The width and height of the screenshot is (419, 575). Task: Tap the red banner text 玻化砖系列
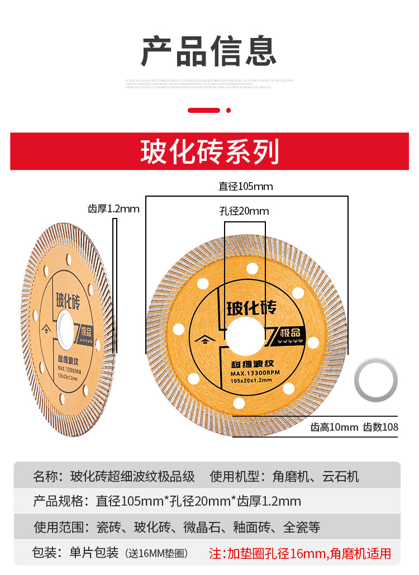pyautogui.click(x=209, y=151)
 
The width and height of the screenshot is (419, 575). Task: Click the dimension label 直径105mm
pyautogui.click(x=246, y=186)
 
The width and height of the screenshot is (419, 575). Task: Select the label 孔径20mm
pyautogui.click(x=244, y=211)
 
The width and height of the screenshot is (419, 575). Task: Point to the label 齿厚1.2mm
pyautogui.click(x=113, y=209)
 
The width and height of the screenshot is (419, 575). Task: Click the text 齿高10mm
pyautogui.click(x=334, y=427)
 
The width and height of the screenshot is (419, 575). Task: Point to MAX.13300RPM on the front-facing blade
pyautogui.click(x=253, y=372)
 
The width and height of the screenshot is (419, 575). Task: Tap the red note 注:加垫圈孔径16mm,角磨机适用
pyautogui.click(x=300, y=554)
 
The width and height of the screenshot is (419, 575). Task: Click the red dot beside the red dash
pyautogui.click(x=228, y=110)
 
